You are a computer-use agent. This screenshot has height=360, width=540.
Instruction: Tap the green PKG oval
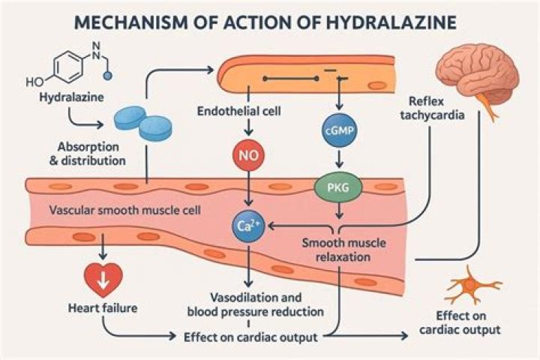click(337, 185)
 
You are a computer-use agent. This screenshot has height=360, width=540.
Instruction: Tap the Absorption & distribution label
click(91, 153)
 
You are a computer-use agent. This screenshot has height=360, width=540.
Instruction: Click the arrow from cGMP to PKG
click(337, 157)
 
